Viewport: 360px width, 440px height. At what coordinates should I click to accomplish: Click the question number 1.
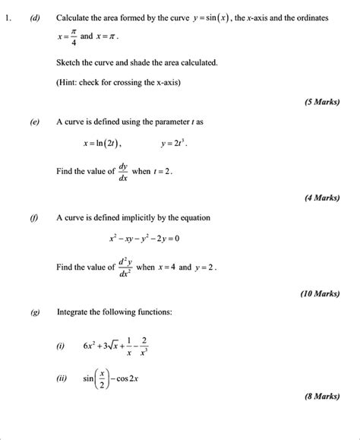coord(8,17)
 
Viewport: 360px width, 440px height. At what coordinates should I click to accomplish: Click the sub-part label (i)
coord(60,346)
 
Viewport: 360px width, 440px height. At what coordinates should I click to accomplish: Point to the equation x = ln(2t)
coord(102,143)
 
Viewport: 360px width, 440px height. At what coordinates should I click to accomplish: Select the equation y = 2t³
coord(174,143)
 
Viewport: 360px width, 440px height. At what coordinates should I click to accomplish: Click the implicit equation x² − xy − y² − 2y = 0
coord(144,239)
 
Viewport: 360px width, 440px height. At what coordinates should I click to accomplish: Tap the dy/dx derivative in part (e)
coord(123,172)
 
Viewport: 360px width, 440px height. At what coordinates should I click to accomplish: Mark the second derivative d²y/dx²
coord(125,267)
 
